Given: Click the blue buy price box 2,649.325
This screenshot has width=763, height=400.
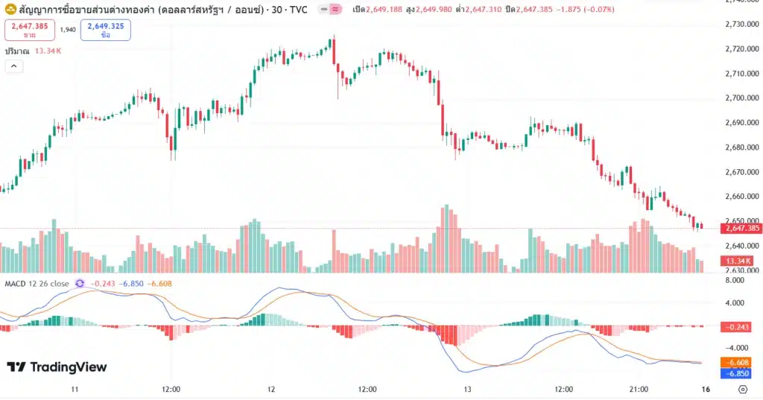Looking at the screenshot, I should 105,30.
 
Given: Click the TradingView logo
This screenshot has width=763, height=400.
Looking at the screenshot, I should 57,367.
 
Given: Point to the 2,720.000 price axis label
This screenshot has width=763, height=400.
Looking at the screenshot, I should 742,48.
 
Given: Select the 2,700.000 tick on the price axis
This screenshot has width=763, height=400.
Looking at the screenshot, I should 742,98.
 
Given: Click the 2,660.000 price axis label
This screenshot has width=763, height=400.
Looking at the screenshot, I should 742,197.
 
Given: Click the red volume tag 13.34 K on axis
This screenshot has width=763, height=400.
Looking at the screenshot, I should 738,261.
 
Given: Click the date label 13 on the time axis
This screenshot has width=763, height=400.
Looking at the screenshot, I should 468,390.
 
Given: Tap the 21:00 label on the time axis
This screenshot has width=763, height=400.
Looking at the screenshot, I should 639,390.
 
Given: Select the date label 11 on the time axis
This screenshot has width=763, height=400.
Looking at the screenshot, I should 75,390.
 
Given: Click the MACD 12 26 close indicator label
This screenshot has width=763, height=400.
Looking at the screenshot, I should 37,284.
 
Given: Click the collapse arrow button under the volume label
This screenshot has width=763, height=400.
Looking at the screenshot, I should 13,66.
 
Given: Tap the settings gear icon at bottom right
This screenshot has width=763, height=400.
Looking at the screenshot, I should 742,390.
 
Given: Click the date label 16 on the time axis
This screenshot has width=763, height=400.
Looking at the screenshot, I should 705,390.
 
